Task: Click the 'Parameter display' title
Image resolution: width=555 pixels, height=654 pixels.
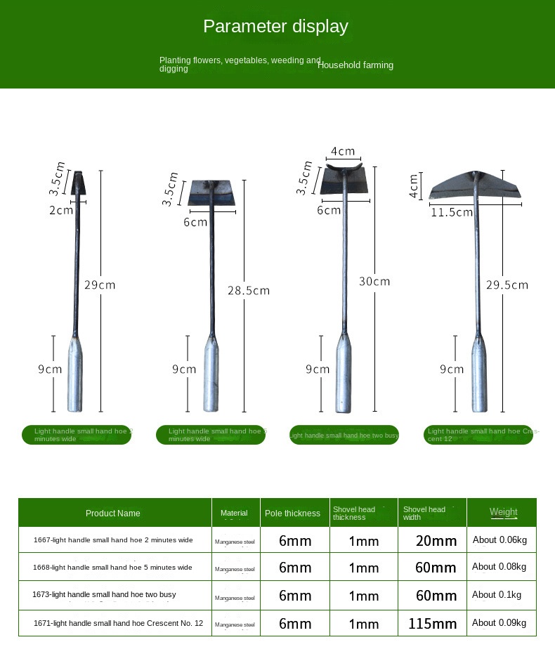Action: [x=275, y=27]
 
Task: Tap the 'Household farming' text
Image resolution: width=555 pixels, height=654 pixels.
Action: [x=355, y=65]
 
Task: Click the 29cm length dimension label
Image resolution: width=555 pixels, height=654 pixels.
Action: [x=100, y=285]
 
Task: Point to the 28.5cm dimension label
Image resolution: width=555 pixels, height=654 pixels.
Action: [x=248, y=290]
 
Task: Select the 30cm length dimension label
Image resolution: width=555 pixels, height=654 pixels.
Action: [x=374, y=281]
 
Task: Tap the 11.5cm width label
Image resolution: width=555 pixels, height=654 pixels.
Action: [x=452, y=211]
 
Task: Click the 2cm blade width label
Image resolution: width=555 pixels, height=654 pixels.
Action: [x=61, y=209]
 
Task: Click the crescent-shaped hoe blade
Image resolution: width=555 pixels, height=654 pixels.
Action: [x=476, y=185]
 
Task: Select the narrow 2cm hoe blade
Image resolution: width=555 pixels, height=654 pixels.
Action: [x=79, y=183]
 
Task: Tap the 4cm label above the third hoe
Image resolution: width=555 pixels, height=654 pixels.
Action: [x=343, y=151]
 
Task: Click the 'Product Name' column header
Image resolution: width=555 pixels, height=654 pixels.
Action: [x=113, y=514]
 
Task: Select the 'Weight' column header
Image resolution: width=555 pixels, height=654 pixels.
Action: [x=503, y=512]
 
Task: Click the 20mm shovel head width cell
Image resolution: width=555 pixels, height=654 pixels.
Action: [x=436, y=541]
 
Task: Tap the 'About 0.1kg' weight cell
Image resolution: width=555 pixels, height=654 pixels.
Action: [x=497, y=595]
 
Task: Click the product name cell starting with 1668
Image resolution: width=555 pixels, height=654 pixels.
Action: [x=112, y=568]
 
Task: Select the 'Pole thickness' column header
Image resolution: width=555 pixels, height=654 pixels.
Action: [x=292, y=514]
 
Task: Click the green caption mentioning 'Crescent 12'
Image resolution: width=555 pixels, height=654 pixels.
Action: [x=478, y=435]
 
